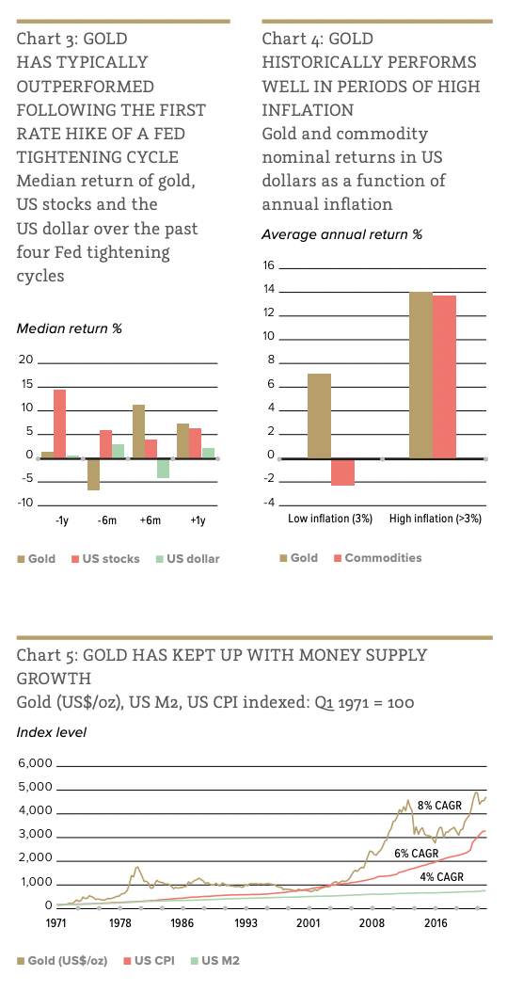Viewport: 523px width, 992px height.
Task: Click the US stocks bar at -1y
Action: coord(59,424)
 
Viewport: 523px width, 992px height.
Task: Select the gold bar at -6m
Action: coord(94,474)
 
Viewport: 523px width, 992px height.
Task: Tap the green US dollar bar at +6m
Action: coord(163,469)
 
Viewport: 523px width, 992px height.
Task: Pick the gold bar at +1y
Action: coord(182,441)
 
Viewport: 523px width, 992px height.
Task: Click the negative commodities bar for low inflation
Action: coord(342,472)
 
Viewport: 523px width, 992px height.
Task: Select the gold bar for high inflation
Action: coord(420,376)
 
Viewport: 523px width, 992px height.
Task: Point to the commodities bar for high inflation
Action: coord(444,377)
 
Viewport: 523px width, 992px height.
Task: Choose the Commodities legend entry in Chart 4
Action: coord(377,558)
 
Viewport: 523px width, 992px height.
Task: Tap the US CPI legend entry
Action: coord(151,961)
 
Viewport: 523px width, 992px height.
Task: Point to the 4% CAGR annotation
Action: coord(441,877)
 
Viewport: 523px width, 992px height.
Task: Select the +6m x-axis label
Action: coord(151,520)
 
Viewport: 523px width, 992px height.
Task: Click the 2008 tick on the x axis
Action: coord(372,923)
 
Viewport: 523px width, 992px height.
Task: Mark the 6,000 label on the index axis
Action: coord(36,763)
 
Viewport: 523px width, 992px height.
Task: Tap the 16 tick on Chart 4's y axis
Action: coord(268,265)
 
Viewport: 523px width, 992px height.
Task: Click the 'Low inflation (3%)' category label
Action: coord(330,519)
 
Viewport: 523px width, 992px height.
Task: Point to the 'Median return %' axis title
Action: coord(69,329)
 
